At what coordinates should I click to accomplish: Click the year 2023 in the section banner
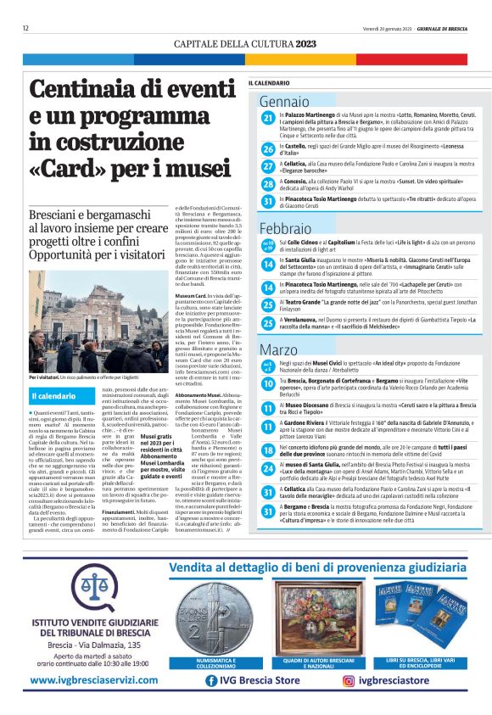(308, 42)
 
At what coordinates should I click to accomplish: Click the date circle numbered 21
(268, 117)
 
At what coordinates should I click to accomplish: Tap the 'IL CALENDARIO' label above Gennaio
(269, 83)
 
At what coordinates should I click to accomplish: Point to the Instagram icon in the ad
(349, 680)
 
